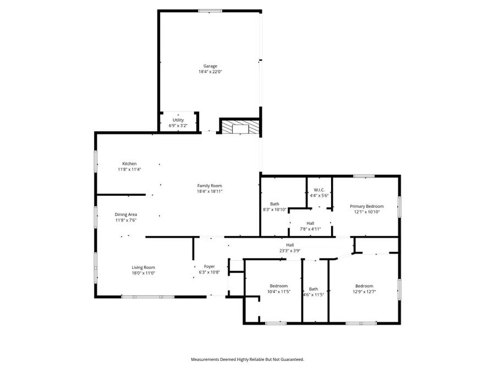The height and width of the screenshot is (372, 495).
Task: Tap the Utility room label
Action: (178, 120)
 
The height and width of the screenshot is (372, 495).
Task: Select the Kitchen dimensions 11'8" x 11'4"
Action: (129, 170)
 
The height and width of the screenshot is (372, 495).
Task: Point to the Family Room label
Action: (210, 186)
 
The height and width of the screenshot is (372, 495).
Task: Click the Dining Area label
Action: (126, 214)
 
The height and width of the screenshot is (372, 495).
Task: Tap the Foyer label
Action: (209, 266)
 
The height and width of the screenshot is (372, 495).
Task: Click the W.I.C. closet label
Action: (319, 190)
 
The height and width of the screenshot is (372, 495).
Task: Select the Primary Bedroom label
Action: (367, 206)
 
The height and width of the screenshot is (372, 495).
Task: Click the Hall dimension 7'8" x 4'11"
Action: (310, 229)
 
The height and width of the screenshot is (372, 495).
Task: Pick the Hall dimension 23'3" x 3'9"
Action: (289, 251)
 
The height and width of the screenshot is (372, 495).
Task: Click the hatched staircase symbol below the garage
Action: (240, 127)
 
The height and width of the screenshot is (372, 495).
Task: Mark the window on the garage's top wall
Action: (210, 10)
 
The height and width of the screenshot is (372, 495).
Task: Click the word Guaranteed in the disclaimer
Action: (290, 359)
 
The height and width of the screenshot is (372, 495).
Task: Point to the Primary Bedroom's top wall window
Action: (364, 176)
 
